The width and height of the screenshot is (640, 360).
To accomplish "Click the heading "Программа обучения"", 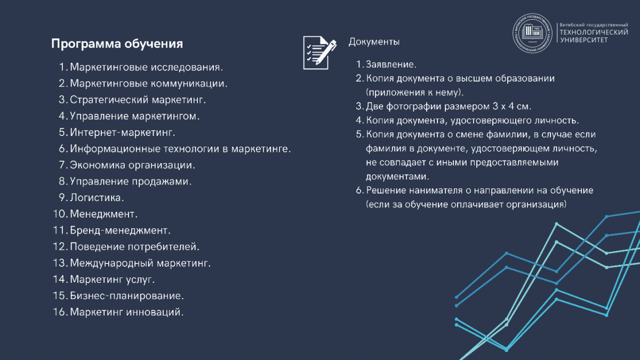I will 117,44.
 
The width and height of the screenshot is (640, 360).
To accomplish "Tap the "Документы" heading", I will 374,42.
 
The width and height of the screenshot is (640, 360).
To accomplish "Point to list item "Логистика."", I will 97,198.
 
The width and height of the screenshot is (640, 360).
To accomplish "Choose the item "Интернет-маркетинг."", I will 123,132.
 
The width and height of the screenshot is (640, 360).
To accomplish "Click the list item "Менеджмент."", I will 103,214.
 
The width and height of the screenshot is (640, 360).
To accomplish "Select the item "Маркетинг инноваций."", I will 126,312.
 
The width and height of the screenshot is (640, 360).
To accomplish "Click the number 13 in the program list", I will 59,263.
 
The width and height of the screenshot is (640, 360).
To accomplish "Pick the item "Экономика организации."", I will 132,165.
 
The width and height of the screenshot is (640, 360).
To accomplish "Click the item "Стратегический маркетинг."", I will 138,100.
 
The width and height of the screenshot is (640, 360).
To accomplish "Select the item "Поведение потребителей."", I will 134,247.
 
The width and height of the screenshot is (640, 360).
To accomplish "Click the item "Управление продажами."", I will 131,181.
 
